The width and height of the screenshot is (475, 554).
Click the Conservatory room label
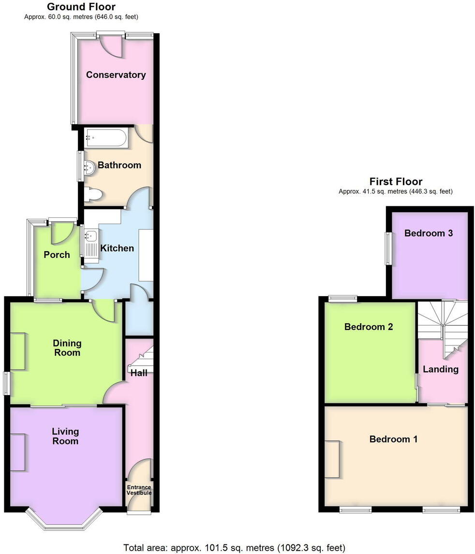[x=116, y=75]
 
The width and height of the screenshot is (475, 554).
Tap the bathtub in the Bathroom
[x=106, y=138]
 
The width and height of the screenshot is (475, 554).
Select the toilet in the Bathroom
[x=93, y=194]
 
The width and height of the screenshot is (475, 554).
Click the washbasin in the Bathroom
[x=90, y=168]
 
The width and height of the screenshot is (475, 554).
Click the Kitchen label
[x=117, y=248]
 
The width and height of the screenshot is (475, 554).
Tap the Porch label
[x=57, y=255]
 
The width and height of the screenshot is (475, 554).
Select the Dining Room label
[x=67, y=348]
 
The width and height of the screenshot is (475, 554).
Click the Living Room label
[x=65, y=436]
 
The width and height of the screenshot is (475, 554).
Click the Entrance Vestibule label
[x=139, y=490]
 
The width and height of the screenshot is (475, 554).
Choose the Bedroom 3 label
[x=428, y=233]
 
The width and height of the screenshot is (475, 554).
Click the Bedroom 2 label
[x=369, y=327]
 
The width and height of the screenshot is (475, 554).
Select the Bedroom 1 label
[x=393, y=439]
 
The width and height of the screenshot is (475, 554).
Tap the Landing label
[x=440, y=369]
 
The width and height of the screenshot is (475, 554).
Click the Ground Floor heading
[x=81, y=7]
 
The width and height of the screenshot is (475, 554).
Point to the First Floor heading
[x=396, y=182]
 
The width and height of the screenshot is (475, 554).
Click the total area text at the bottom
[x=234, y=548]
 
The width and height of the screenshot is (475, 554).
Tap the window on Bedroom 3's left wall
[x=388, y=249]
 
